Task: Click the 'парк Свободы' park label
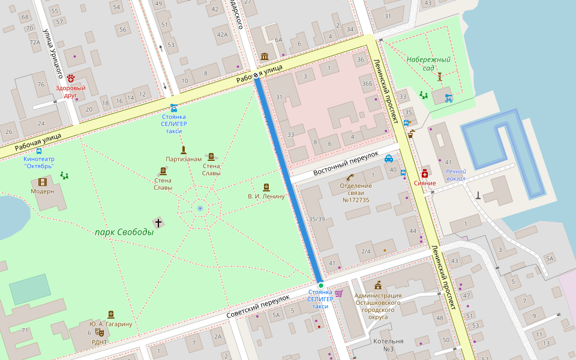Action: coord(124,232)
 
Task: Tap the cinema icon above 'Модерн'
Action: coord(42,181)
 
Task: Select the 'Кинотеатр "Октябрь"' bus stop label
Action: coord(39,162)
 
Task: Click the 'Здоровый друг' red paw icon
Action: coord(71,78)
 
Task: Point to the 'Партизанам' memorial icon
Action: coord(184,149)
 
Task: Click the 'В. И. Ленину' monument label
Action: coord(266,196)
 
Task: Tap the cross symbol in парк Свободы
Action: coord(158,223)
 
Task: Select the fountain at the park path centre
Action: coord(200,208)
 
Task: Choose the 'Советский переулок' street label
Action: coord(259,306)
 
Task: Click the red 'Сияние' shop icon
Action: coord(425,173)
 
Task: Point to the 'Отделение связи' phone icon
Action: coord(350,177)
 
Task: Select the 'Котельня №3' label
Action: coord(388,345)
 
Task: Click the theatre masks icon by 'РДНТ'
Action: coord(100,332)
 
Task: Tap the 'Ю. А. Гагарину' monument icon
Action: coord(110,314)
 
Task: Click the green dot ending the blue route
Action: coord(320,286)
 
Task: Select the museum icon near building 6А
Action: coord(265,56)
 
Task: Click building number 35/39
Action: coord(316,220)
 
